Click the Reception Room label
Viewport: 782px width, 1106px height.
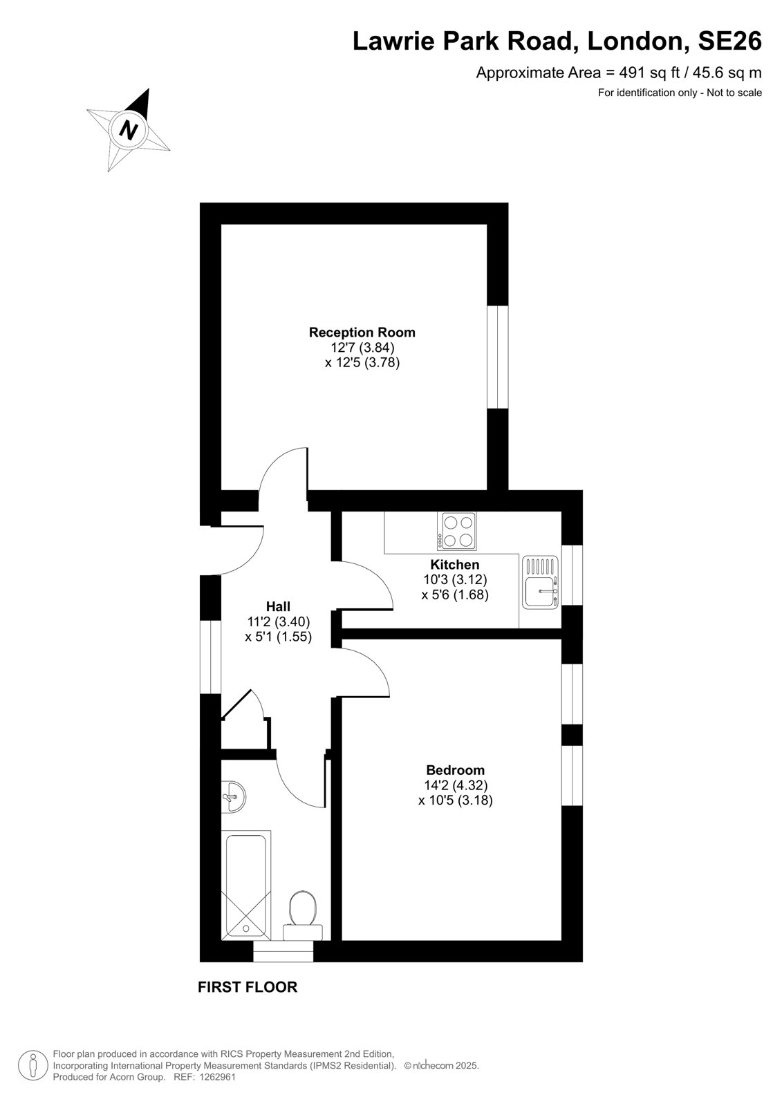click(x=362, y=332)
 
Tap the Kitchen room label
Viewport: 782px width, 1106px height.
click(x=454, y=564)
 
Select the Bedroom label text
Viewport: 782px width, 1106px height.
click(x=455, y=770)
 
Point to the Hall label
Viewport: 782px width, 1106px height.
click(x=278, y=606)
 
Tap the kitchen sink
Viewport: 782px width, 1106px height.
click(x=541, y=582)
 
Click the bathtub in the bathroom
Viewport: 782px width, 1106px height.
click(x=246, y=885)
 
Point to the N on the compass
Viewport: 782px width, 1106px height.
click(x=129, y=131)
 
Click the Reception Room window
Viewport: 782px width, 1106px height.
click(x=497, y=357)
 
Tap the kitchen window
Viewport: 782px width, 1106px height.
click(x=572, y=575)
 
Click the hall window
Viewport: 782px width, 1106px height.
click(x=210, y=657)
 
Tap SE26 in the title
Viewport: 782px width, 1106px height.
click(x=729, y=41)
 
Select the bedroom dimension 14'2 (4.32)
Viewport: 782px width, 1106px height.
click(x=456, y=785)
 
